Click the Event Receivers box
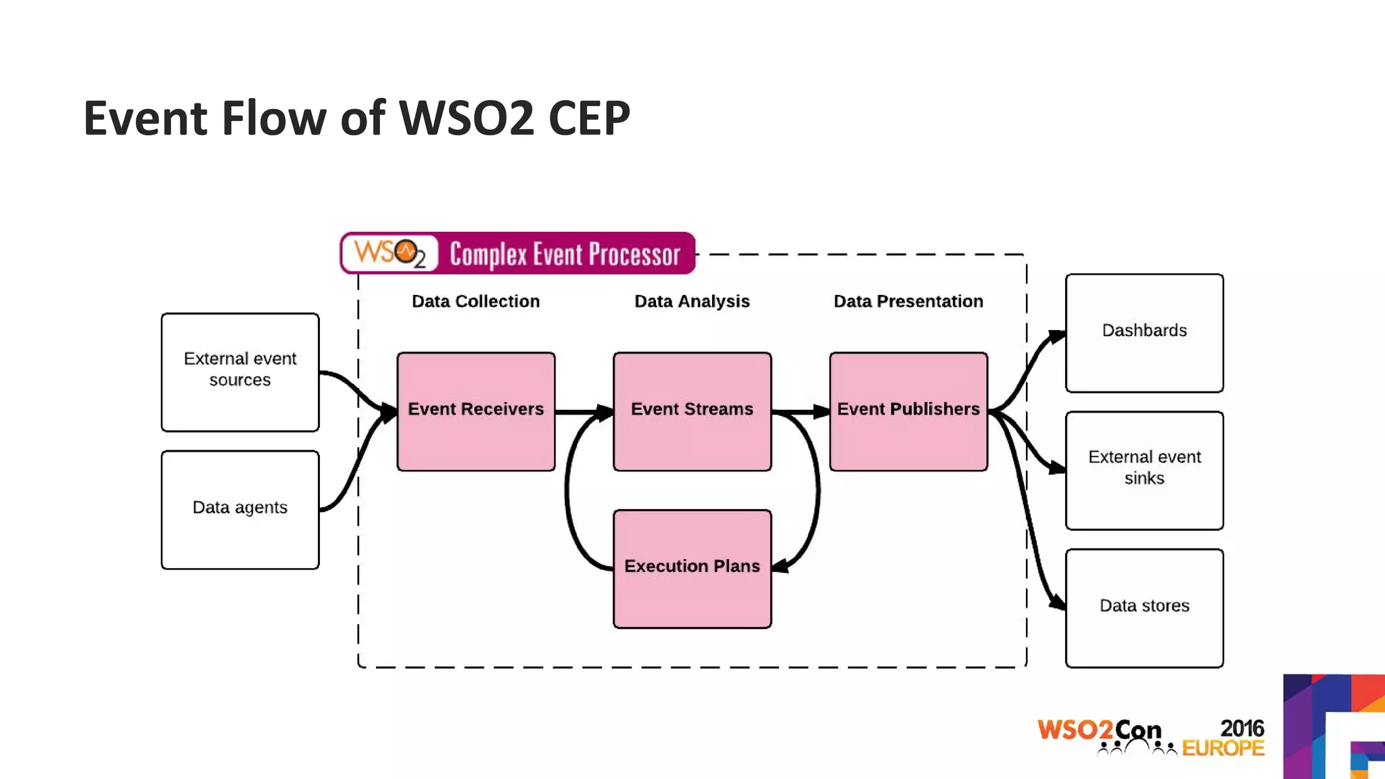(475, 411)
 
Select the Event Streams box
(692, 411)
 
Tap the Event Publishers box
(908, 411)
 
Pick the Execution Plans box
(692, 568)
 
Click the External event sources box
(240, 372)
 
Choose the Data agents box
(240, 510)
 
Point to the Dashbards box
(1144, 333)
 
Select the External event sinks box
(1144, 470)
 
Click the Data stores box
(1144, 608)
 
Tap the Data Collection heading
(475, 302)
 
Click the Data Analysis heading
(692, 302)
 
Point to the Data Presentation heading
(908, 302)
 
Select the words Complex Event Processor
(565, 254)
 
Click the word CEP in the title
(589, 119)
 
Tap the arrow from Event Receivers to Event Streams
(583, 411)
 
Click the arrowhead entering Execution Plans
(780, 566)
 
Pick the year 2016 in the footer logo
(1242, 728)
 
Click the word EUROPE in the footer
(1223, 749)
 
